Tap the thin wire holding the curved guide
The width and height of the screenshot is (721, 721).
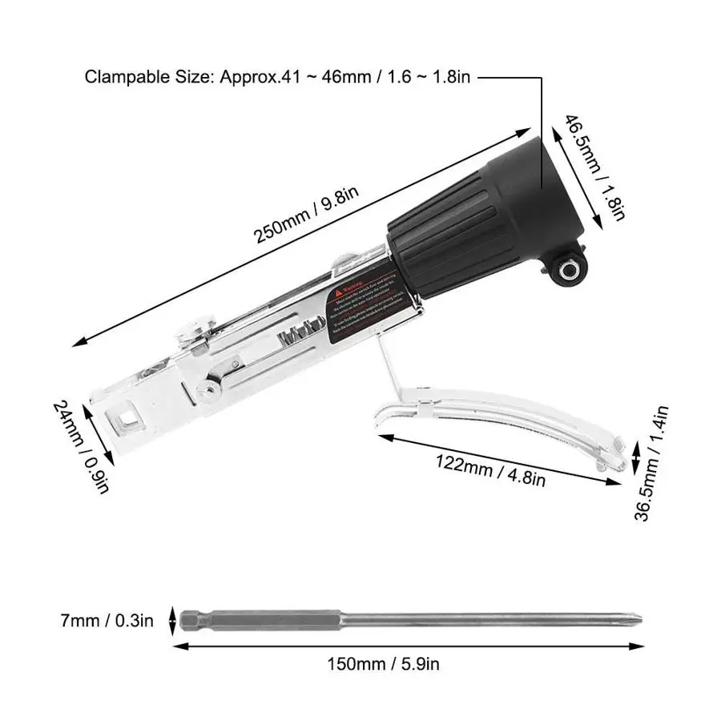click(x=389, y=365)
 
